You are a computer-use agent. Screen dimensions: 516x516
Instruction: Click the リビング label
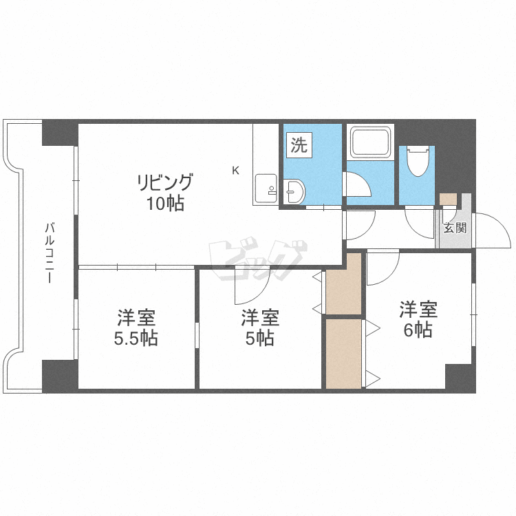tap(165, 182)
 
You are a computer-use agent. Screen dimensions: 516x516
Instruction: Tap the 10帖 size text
tap(165, 204)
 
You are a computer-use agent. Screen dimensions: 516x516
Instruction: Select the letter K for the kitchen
tap(235, 171)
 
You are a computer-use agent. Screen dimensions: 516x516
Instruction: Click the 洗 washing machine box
tap(299, 144)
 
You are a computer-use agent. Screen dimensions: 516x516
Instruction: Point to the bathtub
tap(370, 142)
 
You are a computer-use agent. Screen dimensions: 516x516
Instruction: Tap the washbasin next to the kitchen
tap(294, 191)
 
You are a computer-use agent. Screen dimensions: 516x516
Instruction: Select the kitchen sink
tap(266, 189)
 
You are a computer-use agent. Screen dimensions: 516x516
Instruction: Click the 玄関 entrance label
tap(455, 228)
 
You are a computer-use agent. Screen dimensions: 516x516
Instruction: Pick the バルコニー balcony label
tap(50, 252)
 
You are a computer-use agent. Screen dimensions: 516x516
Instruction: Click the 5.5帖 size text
tap(136, 338)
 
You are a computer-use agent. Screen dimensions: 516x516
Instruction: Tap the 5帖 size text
tap(259, 338)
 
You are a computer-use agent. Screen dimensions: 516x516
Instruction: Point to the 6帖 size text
tap(418, 330)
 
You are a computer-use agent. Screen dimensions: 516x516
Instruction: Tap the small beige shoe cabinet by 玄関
tap(448, 199)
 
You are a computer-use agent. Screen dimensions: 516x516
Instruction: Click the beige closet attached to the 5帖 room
tap(344, 283)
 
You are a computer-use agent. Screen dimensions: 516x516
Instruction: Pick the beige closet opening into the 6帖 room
tap(344, 354)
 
